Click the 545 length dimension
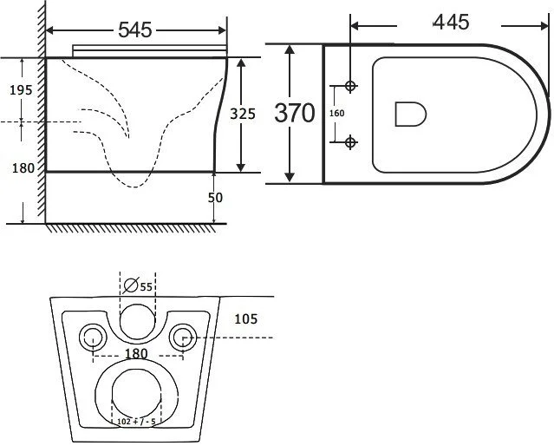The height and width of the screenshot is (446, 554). pyautogui.click(x=134, y=30)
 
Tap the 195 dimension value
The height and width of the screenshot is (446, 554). pyautogui.click(x=21, y=90)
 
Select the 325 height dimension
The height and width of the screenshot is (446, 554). pyautogui.click(x=243, y=114)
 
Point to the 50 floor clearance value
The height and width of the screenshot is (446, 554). pyautogui.click(x=215, y=198)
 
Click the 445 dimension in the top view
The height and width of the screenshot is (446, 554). pyautogui.click(x=451, y=22)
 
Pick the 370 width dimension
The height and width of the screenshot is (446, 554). pyautogui.click(x=294, y=113)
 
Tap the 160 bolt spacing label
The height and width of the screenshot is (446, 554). pyautogui.click(x=336, y=113)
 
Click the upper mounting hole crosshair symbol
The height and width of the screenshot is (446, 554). pyautogui.click(x=350, y=86)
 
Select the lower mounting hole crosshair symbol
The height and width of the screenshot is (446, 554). pyautogui.click(x=350, y=142)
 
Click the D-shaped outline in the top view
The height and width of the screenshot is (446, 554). pyautogui.click(x=411, y=114)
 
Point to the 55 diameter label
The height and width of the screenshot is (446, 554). pyautogui.click(x=146, y=286)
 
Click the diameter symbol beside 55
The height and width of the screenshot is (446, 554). pyautogui.click(x=131, y=285)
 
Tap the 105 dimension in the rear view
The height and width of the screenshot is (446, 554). pyautogui.click(x=246, y=319)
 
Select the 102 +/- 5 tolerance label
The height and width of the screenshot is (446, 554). pyautogui.click(x=136, y=421)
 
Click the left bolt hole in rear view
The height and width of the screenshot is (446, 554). pyautogui.click(x=93, y=337)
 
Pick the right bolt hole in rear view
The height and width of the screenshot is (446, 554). pyautogui.click(x=183, y=337)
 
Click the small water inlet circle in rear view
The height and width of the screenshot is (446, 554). pyautogui.click(x=138, y=322)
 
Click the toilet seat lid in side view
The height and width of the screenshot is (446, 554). pyautogui.click(x=149, y=50)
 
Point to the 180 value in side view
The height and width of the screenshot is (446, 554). pyautogui.click(x=23, y=168)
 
